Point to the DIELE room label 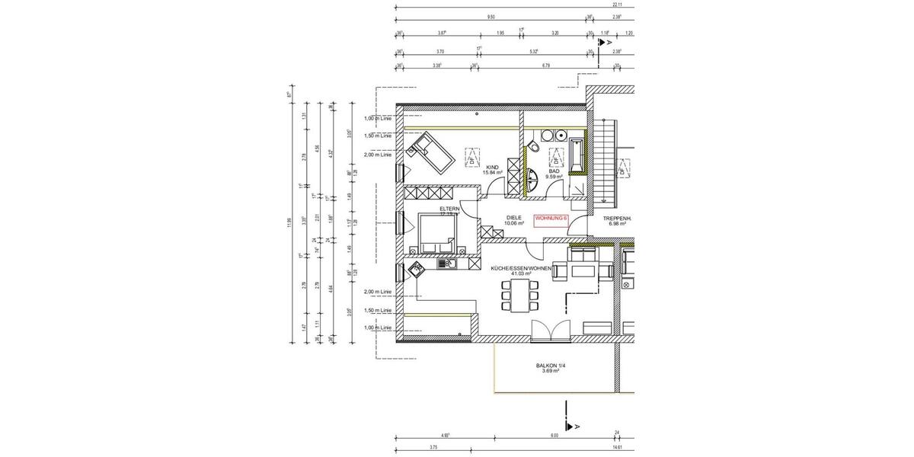pos(516,218)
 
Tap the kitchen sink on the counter pos(448,264)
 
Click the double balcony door pos(550,328)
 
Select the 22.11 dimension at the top pos(617,5)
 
